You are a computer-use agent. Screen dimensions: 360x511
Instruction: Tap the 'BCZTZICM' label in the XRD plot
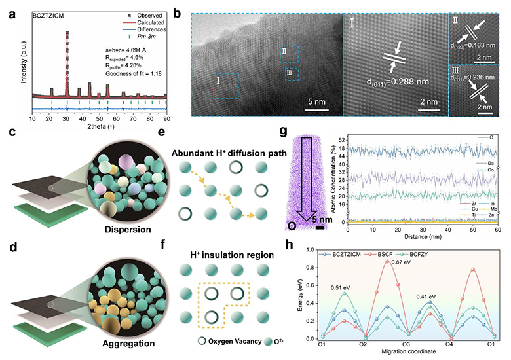[x=52, y=12]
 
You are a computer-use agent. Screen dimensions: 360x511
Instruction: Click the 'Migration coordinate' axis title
[x=407, y=352]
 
